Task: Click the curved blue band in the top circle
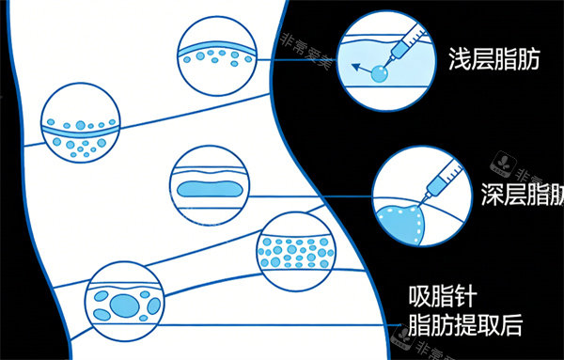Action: tap(216, 43)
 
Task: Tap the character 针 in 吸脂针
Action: tap(463, 298)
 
